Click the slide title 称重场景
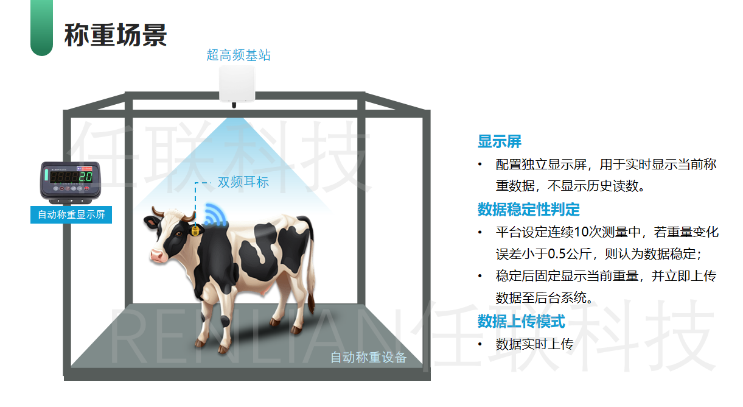click(x=116, y=35)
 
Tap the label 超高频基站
click(x=239, y=55)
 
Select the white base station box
click(x=238, y=84)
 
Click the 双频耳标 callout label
click(x=243, y=182)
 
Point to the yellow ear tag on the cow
click(x=195, y=231)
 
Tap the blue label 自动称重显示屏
click(x=71, y=215)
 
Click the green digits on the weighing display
click(x=86, y=177)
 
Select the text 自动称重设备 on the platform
click(x=368, y=358)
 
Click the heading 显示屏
click(x=500, y=142)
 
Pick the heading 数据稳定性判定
click(x=528, y=210)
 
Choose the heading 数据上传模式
click(x=521, y=321)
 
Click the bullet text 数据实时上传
click(x=535, y=344)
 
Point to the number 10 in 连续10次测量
click(x=581, y=232)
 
